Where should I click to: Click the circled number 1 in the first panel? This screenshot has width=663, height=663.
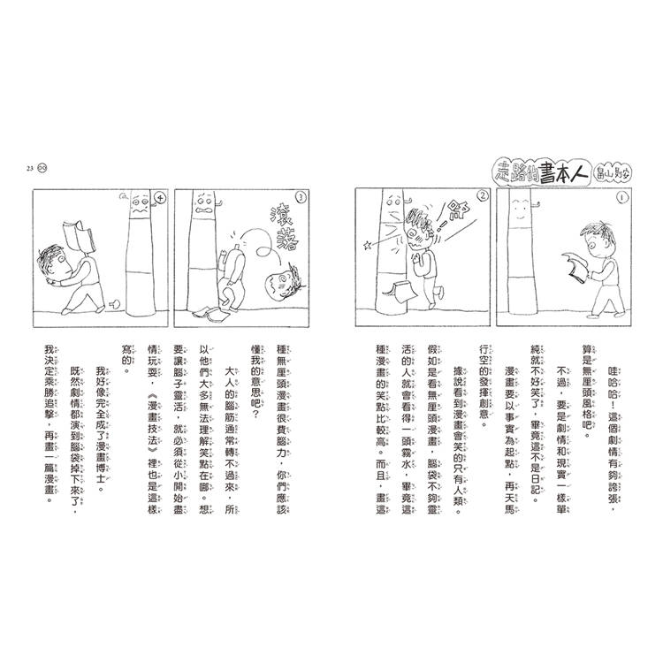(x=622, y=198)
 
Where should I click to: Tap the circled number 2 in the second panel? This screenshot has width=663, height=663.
(x=483, y=197)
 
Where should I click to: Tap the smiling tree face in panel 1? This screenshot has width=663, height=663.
(x=520, y=206)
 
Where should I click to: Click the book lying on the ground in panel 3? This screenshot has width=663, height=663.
(x=213, y=313)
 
